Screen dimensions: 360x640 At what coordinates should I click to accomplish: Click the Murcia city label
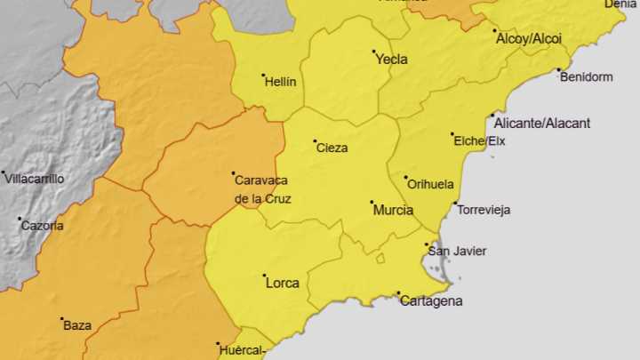pyautogui.click(x=393, y=211)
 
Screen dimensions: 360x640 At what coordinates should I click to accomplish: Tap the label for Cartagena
pyautogui.click(x=431, y=301)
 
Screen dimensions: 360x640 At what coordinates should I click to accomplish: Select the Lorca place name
pyautogui.click(x=283, y=284)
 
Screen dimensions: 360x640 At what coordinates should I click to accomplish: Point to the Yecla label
pyautogui.click(x=392, y=60)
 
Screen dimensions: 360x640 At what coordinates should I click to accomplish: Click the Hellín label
pyautogui.click(x=281, y=82)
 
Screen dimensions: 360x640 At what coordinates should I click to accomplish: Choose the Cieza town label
pyautogui.click(x=332, y=148)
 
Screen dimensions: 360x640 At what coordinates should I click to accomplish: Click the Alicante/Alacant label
pyautogui.click(x=541, y=124)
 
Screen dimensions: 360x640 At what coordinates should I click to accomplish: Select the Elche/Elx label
pyautogui.click(x=479, y=141)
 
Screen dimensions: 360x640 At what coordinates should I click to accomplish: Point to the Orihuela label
pyautogui.click(x=431, y=184)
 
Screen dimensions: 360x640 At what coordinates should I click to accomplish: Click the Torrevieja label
pyautogui.click(x=484, y=211)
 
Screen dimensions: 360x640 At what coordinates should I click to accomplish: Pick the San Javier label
pyautogui.click(x=457, y=252)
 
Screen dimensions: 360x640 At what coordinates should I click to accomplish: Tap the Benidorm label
pyautogui.click(x=587, y=77)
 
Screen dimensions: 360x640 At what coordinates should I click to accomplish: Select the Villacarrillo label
pyautogui.click(x=34, y=179)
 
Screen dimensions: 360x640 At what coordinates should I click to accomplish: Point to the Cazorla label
pyautogui.click(x=42, y=226)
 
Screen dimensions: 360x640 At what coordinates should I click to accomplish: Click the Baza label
pyautogui.click(x=77, y=325)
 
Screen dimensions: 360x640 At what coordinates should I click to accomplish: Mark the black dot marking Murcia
pyautogui.click(x=372, y=203)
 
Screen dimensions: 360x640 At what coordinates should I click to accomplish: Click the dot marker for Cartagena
pyautogui.click(x=398, y=293)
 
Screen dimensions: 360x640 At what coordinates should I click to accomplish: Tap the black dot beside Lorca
pyautogui.click(x=264, y=276)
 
